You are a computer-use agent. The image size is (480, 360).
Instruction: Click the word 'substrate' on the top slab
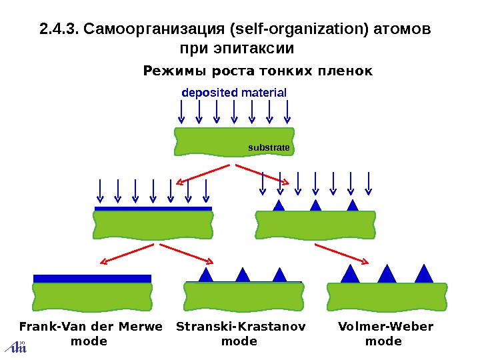pyautogui.click(x=269, y=147)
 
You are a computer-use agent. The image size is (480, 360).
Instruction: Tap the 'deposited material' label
pyautogui.click(x=234, y=93)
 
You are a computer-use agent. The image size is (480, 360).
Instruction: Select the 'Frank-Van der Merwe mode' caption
pyautogui.click(x=91, y=334)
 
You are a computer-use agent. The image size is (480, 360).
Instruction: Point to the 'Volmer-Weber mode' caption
pyautogui.click(x=385, y=334)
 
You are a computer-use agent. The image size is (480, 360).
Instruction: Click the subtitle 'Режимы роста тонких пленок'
pyautogui.click(x=258, y=71)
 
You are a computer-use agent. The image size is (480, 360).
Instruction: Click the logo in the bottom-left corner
pyautogui.click(x=15, y=346)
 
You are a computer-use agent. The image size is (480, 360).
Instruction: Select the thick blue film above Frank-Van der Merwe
pyautogui.click(x=92, y=278)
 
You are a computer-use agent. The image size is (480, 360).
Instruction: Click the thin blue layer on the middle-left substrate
pyautogui.click(x=153, y=209)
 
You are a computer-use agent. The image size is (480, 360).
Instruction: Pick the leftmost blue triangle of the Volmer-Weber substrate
pyautogui.click(x=349, y=275)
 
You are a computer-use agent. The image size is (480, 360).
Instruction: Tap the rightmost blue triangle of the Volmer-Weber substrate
pyautogui.click(x=424, y=274)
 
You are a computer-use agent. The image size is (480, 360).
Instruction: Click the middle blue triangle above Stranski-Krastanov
pyautogui.click(x=243, y=275)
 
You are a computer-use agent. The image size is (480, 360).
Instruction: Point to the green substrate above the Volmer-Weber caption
pyautogui.click(x=386, y=296)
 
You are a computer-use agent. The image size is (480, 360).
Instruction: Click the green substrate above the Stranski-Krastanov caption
pyautogui.click(x=244, y=296)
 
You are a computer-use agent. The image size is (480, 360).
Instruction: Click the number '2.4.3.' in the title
pyautogui.click(x=59, y=30)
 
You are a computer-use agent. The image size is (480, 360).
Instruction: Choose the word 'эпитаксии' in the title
pyautogui.click(x=257, y=50)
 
